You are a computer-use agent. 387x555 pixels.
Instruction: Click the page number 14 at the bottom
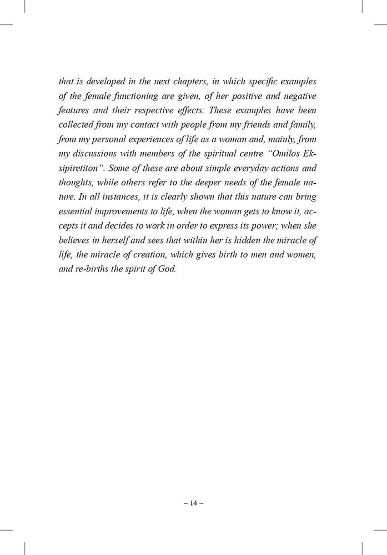pyautogui.click(x=193, y=503)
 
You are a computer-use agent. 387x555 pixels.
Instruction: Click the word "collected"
pyautogui.click(x=77, y=123)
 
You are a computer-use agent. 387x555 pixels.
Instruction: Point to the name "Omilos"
pyautogui.click(x=282, y=152)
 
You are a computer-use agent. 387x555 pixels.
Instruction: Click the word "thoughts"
pyautogui.click(x=76, y=181)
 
